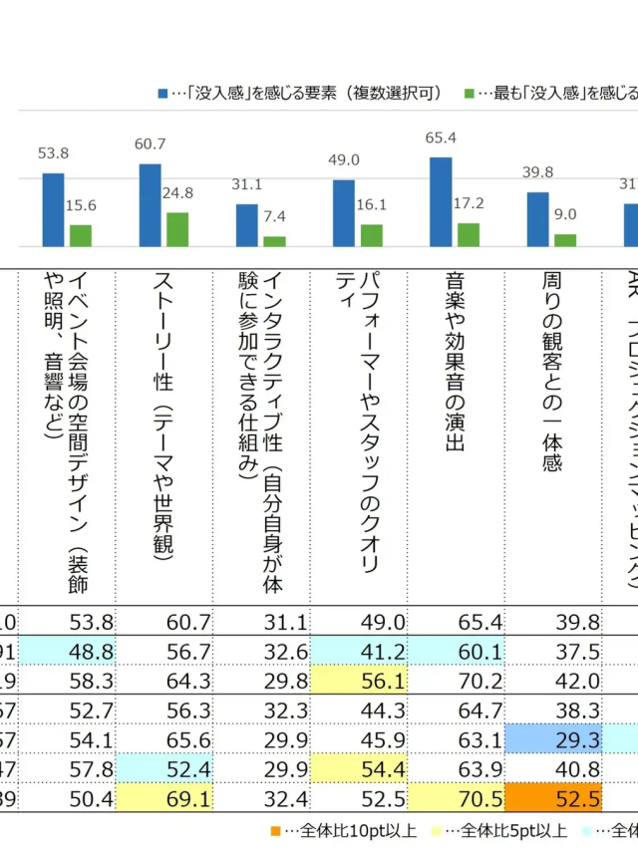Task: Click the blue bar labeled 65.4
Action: point(441,201)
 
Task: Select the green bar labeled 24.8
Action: point(177,229)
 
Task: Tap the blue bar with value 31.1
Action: point(247,225)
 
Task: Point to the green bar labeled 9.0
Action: point(565,240)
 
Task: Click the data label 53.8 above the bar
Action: point(53,153)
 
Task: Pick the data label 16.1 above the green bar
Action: point(371,203)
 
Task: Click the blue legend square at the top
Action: point(162,93)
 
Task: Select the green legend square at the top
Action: point(469,93)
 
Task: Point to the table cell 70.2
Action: point(470,681)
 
